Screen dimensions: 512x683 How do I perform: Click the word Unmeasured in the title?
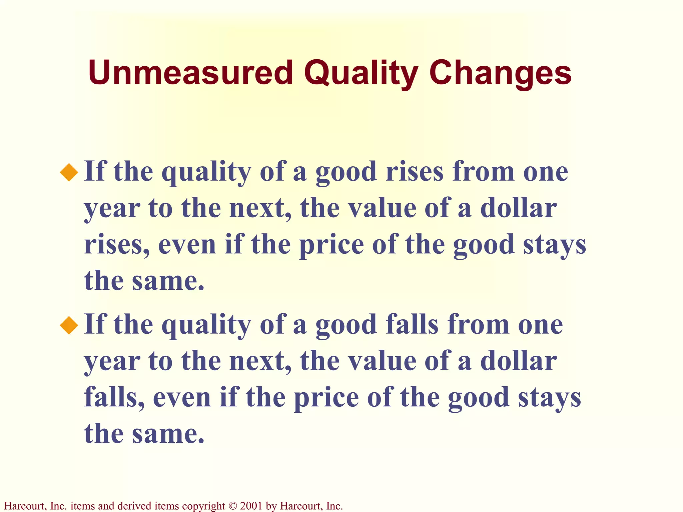click(190, 73)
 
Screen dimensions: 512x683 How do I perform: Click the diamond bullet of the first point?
click(69, 172)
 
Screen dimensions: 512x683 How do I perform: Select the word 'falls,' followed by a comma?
click(114, 398)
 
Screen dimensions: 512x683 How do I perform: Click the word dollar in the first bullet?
click(518, 208)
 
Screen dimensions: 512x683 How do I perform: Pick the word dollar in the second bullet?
click(518, 361)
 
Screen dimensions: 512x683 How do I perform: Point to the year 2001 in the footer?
click(251, 506)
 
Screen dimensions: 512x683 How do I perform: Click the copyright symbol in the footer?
click(232, 506)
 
